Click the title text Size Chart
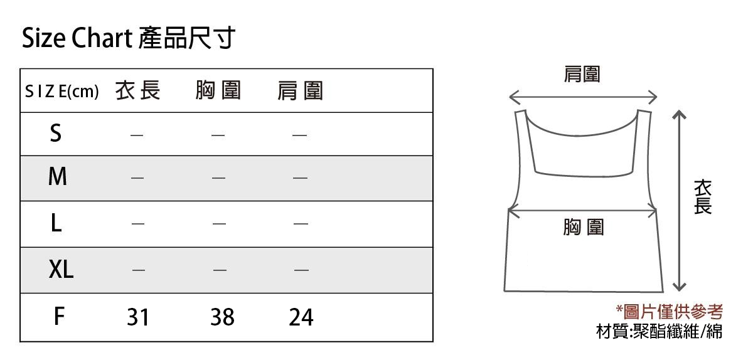pos(77,38)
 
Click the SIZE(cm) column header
pos(62,91)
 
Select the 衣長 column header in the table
pos(138,90)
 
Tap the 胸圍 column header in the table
pos(218,90)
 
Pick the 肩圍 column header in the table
pos(300,91)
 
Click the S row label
pos(56,133)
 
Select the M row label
pos(58,176)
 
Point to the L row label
pos(56,223)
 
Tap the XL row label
pos(61,269)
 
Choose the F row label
pos(59,316)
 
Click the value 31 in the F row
pos(138,317)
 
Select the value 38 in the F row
pos(222,317)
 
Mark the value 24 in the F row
pos(301,317)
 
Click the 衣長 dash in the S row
pos(137,135)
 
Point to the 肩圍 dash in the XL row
pos(301,270)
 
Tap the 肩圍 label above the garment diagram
pos(582,74)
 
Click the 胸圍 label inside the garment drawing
pos(584,227)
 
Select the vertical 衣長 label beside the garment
pos(703,197)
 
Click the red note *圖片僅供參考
pos(670,312)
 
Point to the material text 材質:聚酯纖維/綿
pos(660,331)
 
